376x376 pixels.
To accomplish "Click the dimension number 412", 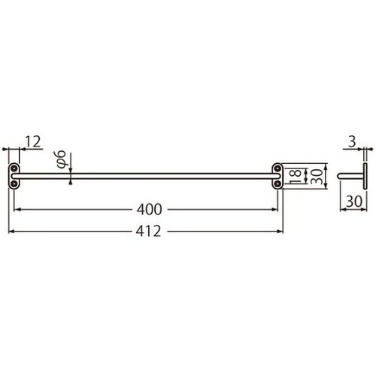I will click(147, 232).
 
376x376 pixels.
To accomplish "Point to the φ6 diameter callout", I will click(63, 159).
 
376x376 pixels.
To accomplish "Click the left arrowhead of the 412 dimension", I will click(11, 232).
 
